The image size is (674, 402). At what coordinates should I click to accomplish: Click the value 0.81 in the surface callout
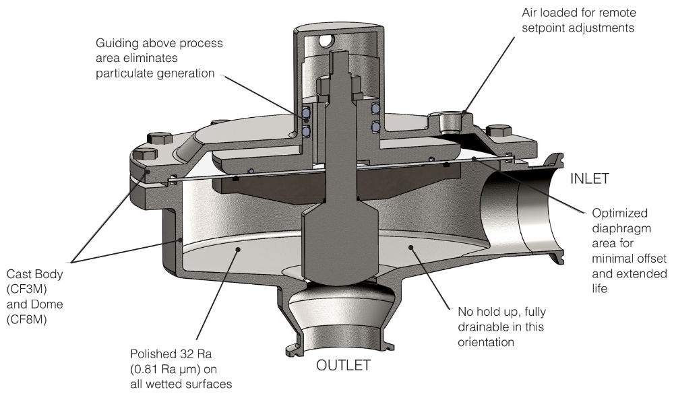click(152, 368)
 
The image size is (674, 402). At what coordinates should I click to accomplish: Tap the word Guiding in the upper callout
click(117, 43)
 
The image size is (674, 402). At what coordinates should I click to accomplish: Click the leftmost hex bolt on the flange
click(145, 154)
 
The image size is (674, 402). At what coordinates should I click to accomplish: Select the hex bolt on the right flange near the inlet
click(497, 131)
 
